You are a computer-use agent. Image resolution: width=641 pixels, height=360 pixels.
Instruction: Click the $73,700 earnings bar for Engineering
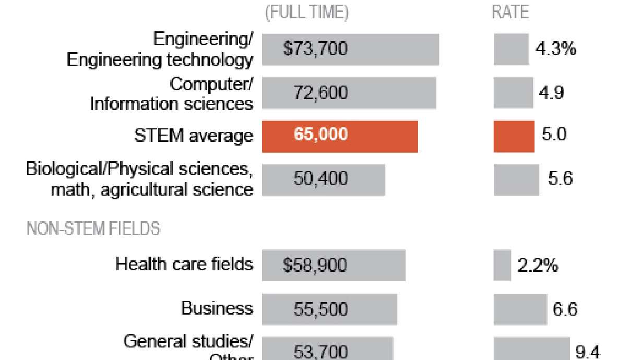click(350, 50)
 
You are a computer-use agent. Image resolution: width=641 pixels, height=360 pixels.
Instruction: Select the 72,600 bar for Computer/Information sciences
click(349, 93)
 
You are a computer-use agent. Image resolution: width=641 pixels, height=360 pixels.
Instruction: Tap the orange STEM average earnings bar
click(340, 136)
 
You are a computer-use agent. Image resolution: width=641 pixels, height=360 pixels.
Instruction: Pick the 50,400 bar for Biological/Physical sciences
click(323, 179)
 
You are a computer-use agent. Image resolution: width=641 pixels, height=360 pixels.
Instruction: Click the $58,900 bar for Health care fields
click(334, 266)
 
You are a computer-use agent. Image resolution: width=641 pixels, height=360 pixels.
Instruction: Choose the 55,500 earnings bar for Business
click(329, 309)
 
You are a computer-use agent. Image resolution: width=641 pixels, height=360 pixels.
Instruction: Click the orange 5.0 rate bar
click(514, 136)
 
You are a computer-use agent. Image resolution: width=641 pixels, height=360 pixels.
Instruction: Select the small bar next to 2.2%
click(502, 266)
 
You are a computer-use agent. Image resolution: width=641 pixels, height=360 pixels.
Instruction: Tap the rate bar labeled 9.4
click(531, 349)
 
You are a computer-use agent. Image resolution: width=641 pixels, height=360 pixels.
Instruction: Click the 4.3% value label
click(555, 50)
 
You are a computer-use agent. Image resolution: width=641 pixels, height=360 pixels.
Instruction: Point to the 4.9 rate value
click(551, 93)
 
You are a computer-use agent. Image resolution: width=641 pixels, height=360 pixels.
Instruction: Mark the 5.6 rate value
click(560, 179)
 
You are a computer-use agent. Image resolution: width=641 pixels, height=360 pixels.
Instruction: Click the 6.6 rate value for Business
click(565, 309)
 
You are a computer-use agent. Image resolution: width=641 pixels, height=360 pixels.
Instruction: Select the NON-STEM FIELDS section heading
click(93, 229)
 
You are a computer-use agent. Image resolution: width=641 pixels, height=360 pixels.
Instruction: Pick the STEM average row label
click(193, 136)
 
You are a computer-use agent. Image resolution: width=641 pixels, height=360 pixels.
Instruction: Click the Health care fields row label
click(184, 264)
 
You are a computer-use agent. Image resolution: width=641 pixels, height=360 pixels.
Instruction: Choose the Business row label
click(217, 309)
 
